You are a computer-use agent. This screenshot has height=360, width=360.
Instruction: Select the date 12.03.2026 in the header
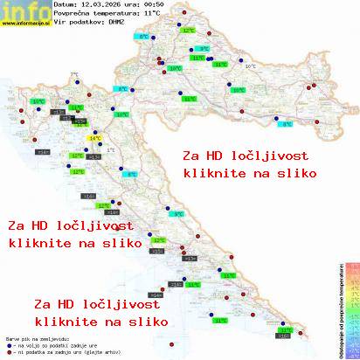[96, 5]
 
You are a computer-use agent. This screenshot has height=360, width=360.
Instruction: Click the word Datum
[66, 5]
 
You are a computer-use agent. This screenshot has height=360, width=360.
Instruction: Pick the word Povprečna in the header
[69, 14]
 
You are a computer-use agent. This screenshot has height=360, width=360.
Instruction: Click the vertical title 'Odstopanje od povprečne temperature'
[338, 306]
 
